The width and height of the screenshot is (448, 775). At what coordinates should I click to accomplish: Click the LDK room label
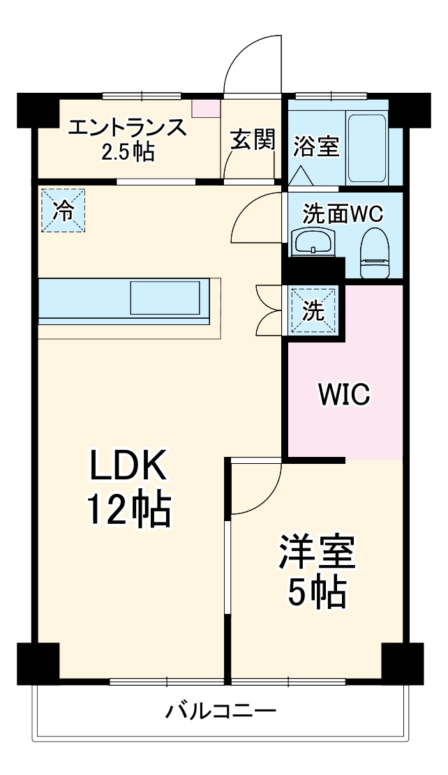pos(127,467)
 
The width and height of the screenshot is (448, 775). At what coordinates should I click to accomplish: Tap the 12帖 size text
pos(128,511)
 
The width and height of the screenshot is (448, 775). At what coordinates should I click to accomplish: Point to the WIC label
pos(343,394)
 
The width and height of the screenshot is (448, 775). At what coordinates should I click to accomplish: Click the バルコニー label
pos(221,712)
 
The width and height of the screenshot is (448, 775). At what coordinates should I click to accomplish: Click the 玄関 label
pos(253,140)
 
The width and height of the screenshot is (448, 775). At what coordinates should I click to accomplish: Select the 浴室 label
pos(315,146)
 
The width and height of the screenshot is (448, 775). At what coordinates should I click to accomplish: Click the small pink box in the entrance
pos(205,108)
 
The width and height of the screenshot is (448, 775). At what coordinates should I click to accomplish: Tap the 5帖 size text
pos(317,593)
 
